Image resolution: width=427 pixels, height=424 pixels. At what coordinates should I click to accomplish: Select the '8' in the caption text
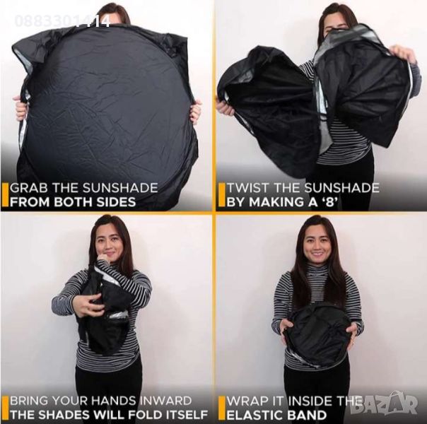(x=329, y=202)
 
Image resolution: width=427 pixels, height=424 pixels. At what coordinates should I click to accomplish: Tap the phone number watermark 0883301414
(x=62, y=21)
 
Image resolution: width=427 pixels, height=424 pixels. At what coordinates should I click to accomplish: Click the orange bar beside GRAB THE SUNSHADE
(x=5, y=195)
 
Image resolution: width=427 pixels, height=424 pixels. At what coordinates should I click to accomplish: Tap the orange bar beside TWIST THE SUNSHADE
(x=222, y=195)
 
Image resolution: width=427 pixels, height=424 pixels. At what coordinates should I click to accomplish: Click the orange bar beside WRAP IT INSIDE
(x=222, y=408)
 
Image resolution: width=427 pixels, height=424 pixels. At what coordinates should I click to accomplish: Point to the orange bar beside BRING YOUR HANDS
(x=5, y=408)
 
